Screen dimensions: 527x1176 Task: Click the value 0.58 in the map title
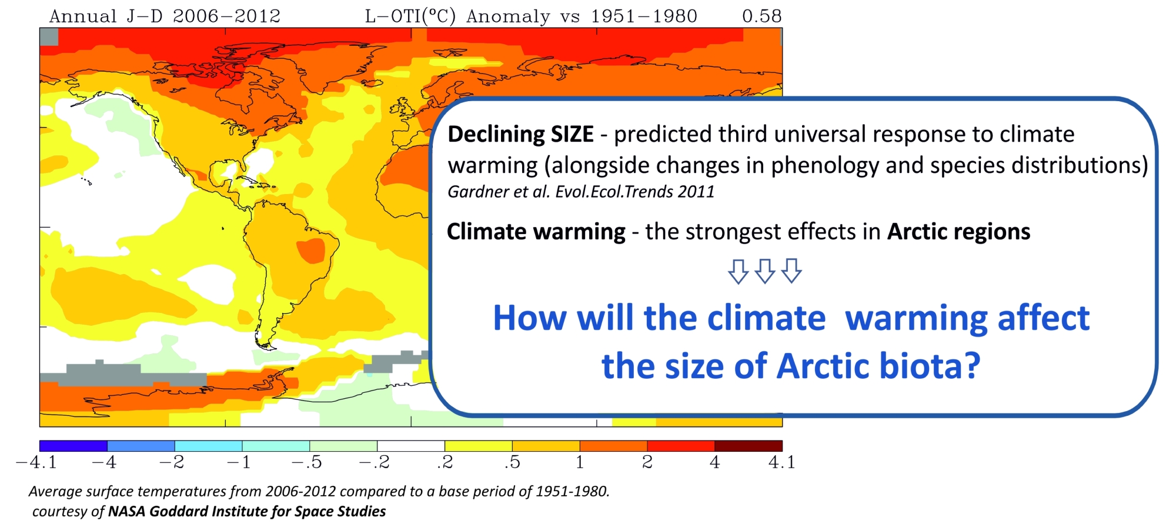[761, 16]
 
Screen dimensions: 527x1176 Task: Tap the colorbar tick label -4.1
[36, 462]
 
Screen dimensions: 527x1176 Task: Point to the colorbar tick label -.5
[307, 462]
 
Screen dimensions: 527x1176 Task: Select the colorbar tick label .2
[445, 462]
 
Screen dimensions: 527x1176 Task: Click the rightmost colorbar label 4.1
[781, 462]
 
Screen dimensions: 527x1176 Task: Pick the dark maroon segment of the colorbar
[748, 446]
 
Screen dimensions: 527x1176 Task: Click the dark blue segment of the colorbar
[73, 446]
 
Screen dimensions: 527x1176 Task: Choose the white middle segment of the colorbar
[410, 446]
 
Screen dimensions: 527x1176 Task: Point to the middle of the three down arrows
[764, 271]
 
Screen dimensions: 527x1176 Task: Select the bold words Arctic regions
[958, 232]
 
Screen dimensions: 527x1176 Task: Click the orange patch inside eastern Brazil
[311, 251]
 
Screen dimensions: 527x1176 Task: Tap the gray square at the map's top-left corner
[49, 36]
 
